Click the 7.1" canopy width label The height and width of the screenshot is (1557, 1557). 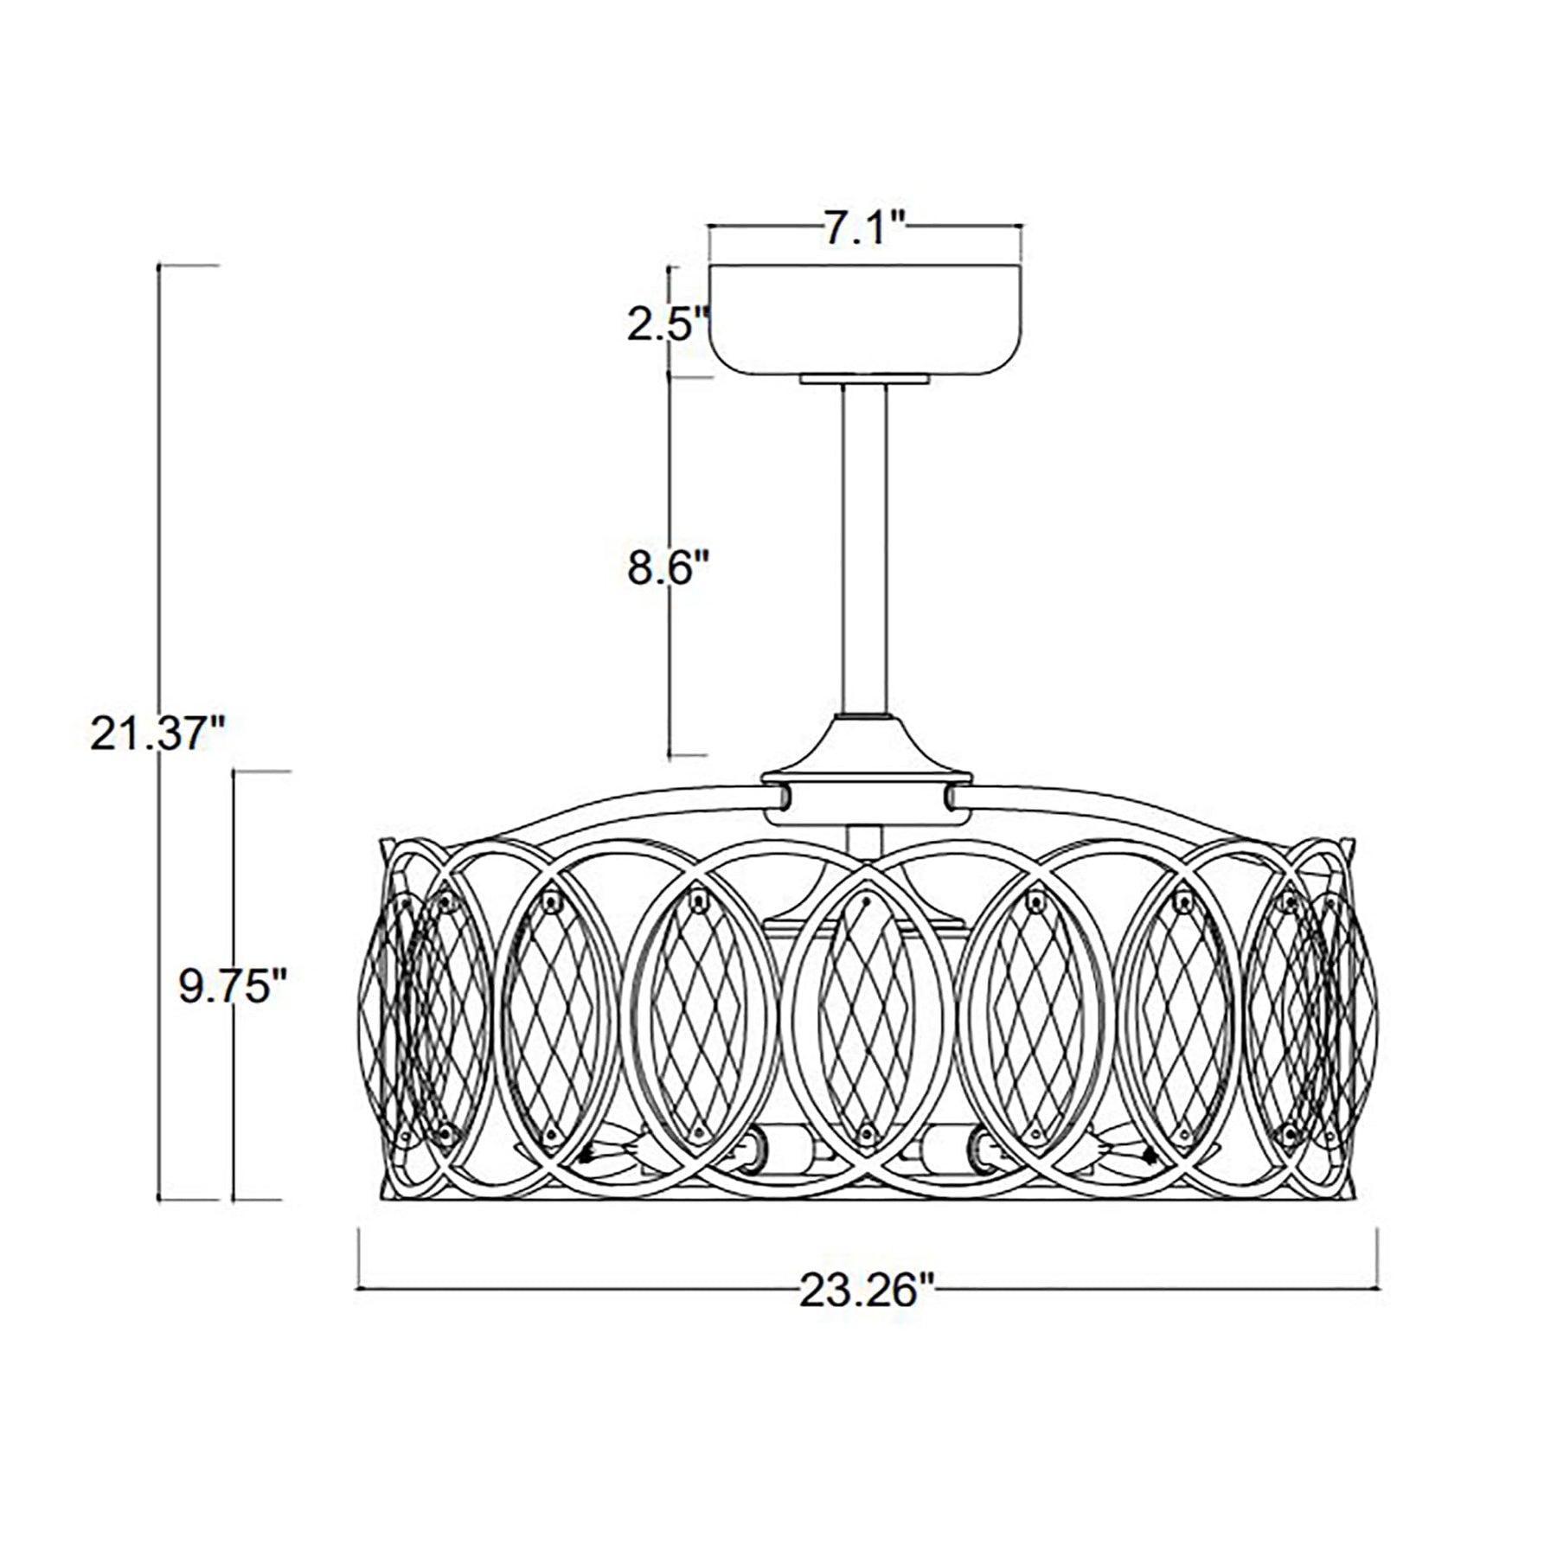coord(862,229)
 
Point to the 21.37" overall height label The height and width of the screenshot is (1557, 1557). coord(157,735)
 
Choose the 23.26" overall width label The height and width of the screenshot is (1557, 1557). coord(867,1292)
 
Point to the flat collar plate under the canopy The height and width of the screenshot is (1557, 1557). coord(865,380)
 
